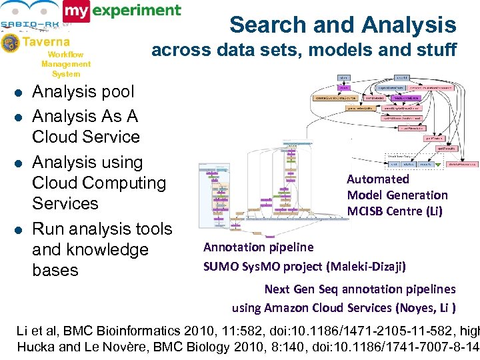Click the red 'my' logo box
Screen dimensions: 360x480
tap(76, 11)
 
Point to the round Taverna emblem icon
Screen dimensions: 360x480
tap(10, 43)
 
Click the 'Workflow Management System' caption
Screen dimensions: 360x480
tap(65, 64)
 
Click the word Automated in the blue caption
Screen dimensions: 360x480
tap(378, 179)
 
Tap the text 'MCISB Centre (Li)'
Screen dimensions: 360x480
tap(395, 211)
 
